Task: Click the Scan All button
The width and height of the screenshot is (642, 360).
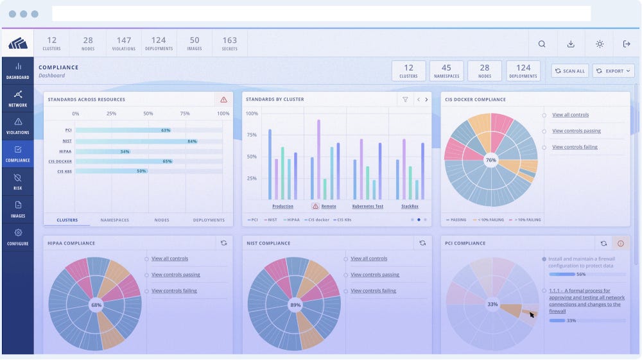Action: pos(570,71)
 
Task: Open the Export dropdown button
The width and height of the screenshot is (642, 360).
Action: pos(613,71)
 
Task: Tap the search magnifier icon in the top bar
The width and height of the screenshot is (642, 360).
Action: pos(542,44)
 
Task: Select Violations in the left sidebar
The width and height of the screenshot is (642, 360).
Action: pos(18,126)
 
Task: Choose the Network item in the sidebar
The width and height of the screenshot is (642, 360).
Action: pos(18,98)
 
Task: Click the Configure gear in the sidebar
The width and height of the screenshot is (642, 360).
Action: pos(18,237)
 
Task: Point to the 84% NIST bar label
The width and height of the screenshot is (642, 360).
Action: pos(191,141)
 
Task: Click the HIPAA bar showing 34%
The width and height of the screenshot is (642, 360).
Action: pos(103,151)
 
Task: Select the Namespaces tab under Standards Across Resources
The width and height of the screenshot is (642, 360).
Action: pos(114,220)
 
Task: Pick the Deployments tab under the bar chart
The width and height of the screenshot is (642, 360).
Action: pos(209,220)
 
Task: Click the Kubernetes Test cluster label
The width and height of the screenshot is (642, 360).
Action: pos(368,207)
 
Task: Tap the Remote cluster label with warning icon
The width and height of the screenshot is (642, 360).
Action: pos(324,207)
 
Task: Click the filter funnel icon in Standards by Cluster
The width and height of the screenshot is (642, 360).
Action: pos(405,99)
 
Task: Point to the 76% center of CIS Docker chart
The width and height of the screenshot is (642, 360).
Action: pos(491,160)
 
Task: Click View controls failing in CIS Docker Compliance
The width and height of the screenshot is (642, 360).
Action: pos(575,147)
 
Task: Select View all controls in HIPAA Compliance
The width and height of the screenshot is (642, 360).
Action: pos(169,259)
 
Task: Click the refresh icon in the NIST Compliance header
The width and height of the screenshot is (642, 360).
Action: pos(422,243)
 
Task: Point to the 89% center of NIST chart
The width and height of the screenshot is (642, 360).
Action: pos(295,305)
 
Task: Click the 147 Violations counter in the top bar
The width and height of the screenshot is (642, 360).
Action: pos(124,44)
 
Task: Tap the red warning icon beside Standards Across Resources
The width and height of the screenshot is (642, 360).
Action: pos(223,99)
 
